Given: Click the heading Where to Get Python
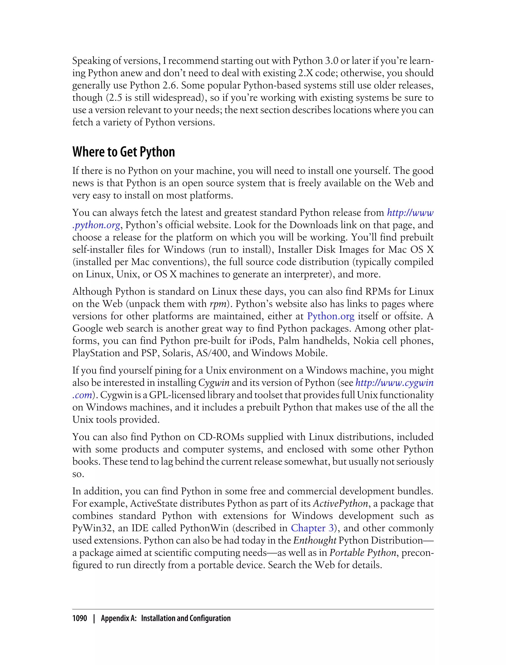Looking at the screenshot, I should (x=124, y=152).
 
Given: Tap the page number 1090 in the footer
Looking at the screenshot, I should (x=80, y=618).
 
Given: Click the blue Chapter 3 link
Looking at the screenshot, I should (x=312, y=528).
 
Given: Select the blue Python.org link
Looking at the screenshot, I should (x=330, y=316).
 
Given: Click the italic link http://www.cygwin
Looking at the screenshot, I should (x=394, y=383).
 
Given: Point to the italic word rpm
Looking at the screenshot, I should (x=218, y=304).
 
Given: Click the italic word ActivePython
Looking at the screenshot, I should (x=340, y=504).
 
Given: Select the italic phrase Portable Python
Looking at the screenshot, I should (x=363, y=552).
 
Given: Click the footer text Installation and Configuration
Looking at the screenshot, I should (x=186, y=618).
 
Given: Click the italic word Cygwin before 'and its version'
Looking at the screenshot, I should (x=214, y=383).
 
